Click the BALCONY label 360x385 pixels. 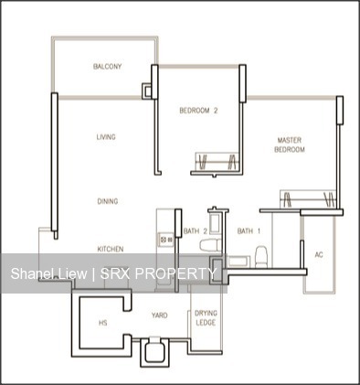coord(108,67)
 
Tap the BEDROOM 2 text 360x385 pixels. coord(197,111)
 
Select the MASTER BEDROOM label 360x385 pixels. coord(291,144)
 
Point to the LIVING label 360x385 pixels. coord(107,137)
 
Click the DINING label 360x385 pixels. coord(108,201)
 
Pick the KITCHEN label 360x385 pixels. coord(111,249)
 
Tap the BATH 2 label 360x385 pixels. coord(191,231)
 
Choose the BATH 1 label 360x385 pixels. coord(249,231)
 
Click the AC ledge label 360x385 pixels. coord(319,254)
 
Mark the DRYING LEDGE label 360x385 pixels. coord(206,318)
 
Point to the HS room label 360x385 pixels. coord(102,322)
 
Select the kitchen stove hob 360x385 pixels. coord(166,240)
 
